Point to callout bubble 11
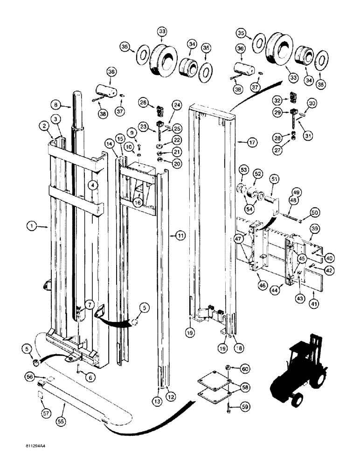point(180,236)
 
